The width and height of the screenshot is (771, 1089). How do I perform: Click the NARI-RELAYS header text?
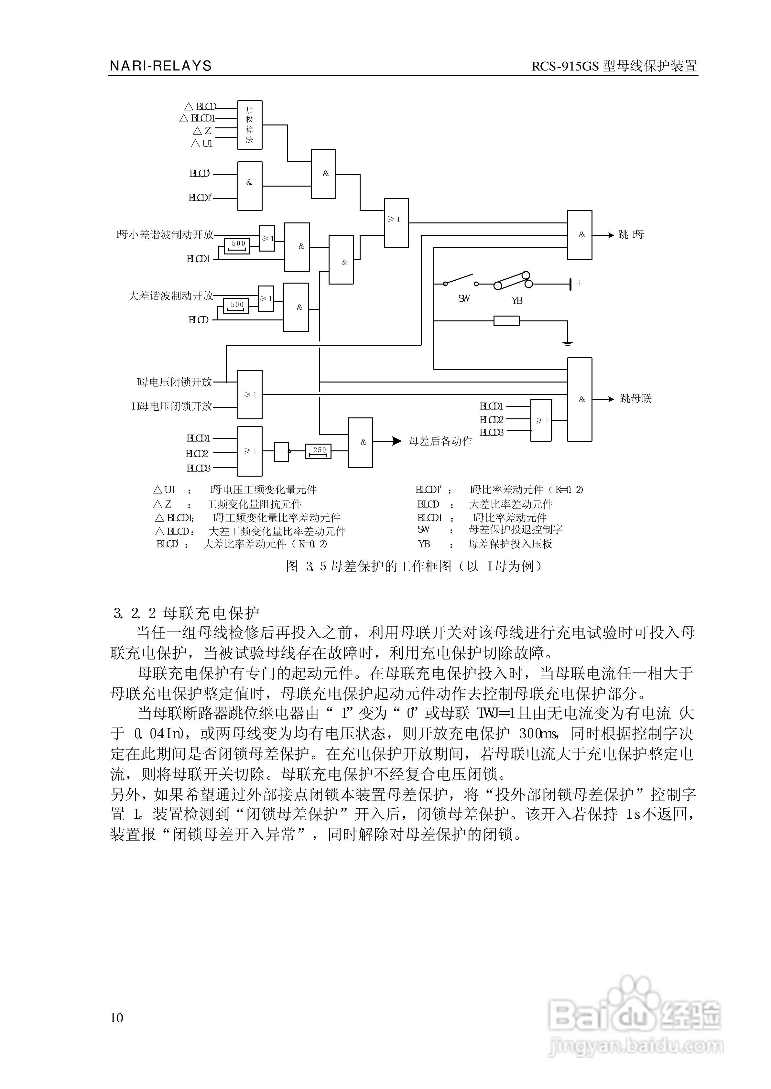160,66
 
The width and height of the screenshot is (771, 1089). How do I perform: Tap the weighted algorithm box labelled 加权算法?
250,125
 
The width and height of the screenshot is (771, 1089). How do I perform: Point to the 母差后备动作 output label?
440,441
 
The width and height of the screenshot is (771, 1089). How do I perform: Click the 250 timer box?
318,451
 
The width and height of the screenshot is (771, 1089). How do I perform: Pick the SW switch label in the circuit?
464,298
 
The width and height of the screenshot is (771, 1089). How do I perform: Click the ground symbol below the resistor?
567,342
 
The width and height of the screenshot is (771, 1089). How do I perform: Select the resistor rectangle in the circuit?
506,321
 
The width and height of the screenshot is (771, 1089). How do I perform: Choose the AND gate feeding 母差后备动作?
360,442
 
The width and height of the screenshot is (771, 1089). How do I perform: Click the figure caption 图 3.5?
414,566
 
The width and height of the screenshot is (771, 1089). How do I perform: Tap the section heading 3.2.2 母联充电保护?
187,613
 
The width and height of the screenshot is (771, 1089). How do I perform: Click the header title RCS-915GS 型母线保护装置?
614,66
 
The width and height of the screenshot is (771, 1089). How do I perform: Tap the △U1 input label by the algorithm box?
202,143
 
